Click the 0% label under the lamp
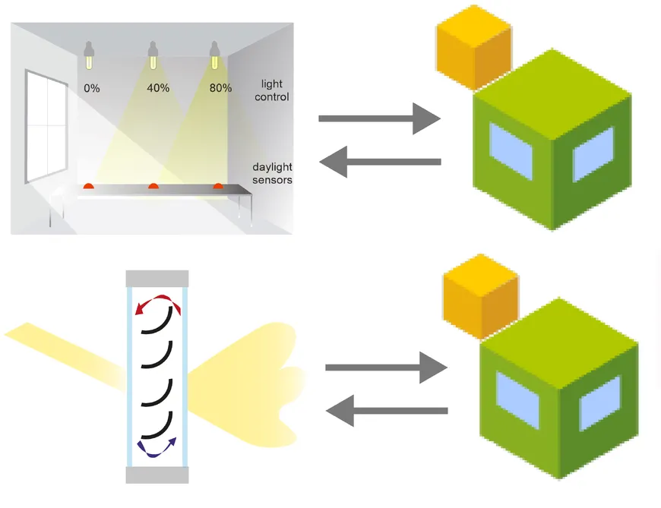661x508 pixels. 92,88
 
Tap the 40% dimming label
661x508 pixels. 157,88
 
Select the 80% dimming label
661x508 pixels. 220,88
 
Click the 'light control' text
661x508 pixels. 272,90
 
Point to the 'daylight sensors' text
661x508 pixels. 272,173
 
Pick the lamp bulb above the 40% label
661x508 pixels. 153,55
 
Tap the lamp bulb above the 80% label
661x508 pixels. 217,55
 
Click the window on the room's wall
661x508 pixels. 47,125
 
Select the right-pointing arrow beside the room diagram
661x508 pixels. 379,118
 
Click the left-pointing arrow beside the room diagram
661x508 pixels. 379,162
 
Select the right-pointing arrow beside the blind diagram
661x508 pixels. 386,368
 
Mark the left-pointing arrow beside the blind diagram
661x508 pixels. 386,412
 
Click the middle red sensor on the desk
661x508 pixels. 153,185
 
